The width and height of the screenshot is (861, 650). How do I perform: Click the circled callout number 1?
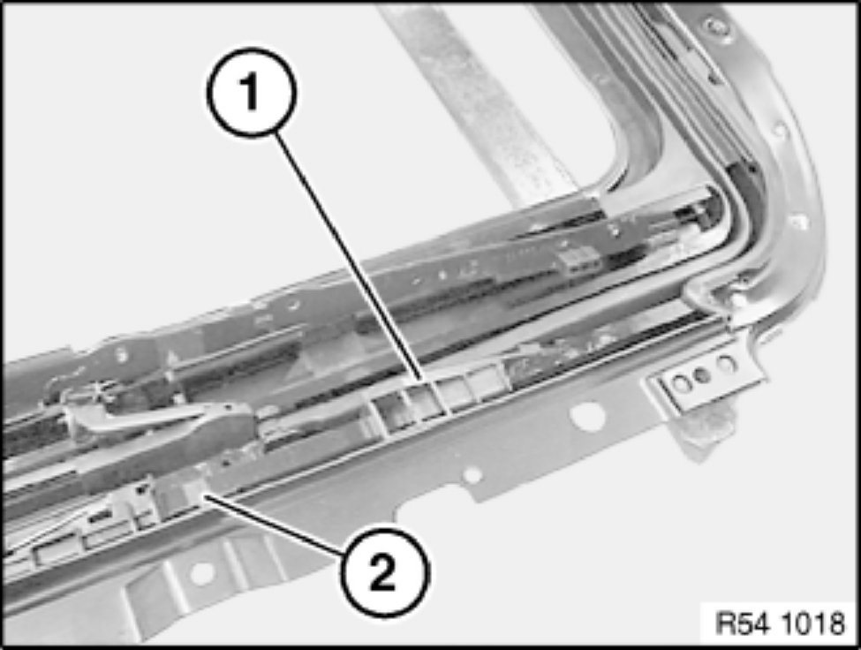252,92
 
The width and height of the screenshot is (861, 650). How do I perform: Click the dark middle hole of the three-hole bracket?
702,375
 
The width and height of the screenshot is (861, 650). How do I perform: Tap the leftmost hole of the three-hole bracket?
681,383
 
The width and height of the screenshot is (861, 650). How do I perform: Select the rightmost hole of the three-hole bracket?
726,365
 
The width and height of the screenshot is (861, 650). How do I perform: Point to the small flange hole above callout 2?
472,475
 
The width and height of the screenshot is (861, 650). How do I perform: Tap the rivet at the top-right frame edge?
714,26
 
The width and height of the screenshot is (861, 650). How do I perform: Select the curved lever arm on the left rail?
159,416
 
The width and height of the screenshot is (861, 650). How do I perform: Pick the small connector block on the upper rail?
579,258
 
